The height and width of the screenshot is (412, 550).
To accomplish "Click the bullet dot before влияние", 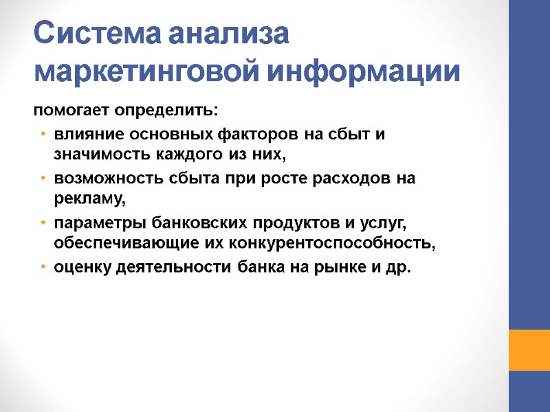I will coord(43,133).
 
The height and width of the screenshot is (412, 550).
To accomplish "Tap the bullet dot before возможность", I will coord(43,178).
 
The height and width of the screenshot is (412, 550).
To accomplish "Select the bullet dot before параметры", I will coord(43,223).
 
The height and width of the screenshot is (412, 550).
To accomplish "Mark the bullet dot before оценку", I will coord(43,267).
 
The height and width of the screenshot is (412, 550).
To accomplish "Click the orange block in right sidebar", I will coord(529,350).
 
